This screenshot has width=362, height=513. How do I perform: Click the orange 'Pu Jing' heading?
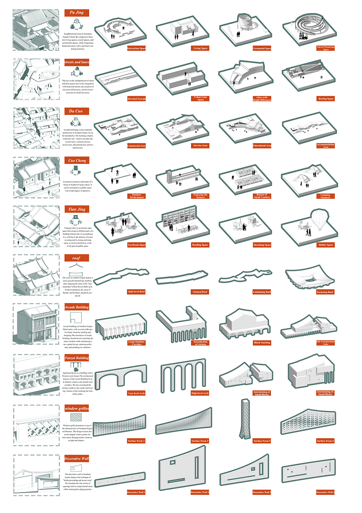(x=77, y=13)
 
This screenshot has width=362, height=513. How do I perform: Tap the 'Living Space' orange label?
(x=200, y=48)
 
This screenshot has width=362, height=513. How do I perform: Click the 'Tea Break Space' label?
(x=136, y=245)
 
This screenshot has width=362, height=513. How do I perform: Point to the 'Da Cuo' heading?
(x=76, y=111)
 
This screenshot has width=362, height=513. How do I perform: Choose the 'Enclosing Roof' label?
(x=325, y=292)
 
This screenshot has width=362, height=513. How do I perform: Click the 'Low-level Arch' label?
(x=136, y=393)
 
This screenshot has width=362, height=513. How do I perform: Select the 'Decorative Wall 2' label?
(x=200, y=492)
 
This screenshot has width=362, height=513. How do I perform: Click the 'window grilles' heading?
(x=77, y=408)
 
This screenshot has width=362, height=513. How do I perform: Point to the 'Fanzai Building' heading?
(x=77, y=358)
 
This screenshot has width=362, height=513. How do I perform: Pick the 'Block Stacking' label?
(x=262, y=343)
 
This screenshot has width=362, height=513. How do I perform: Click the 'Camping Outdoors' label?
(x=325, y=196)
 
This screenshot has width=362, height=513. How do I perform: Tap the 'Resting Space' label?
(x=326, y=99)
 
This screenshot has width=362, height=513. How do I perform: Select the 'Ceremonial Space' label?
(x=262, y=48)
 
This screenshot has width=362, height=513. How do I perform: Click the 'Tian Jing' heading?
(x=77, y=209)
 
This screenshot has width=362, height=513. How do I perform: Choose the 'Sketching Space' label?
(x=262, y=245)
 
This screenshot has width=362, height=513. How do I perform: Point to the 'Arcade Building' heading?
(x=77, y=307)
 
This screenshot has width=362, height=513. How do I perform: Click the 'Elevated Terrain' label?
(x=136, y=99)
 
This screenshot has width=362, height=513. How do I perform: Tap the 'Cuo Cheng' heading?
(x=77, y=161)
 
